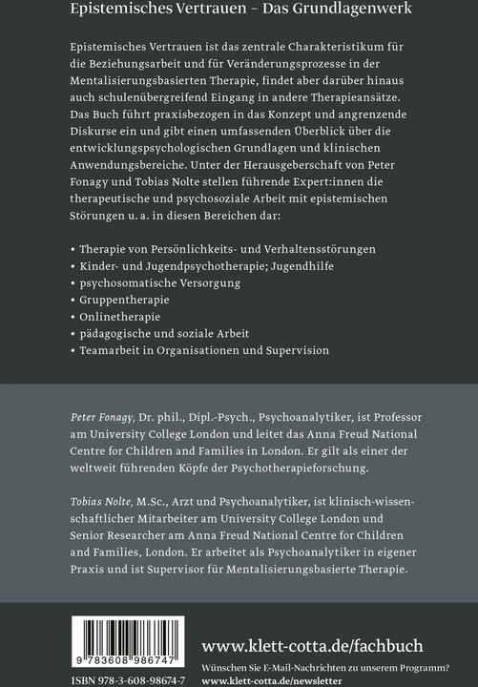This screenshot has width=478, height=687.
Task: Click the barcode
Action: [128, 641]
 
